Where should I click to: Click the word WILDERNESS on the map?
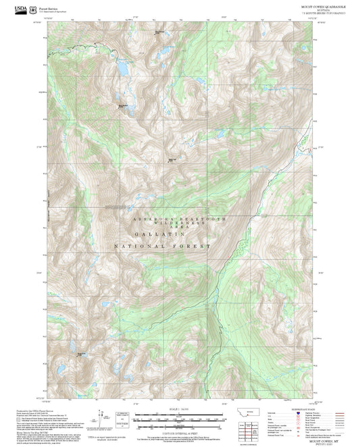(x=180, y=224)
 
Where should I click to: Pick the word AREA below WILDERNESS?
(x=180, y=229)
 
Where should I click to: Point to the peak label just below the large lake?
(x=123, y=105)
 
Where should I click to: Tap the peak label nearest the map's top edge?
(x=159, y=32)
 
